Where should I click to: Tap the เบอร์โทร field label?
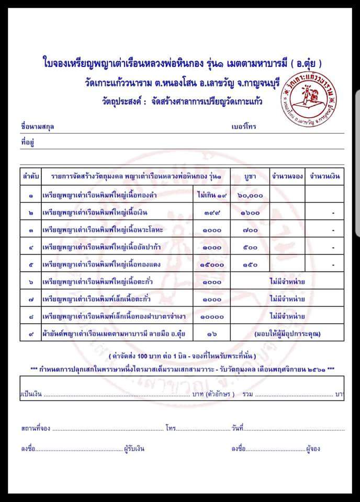(x=243, y=127)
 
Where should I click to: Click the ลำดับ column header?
(x=30, y=176)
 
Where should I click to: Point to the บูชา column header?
(x=249, y=176)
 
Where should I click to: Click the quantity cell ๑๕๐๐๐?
(x=211, y=266)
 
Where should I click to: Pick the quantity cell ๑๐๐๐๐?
(x=211, y=316)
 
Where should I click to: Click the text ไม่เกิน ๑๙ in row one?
(x=211, y=195)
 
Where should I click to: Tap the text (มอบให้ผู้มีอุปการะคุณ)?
(x=287, y=333)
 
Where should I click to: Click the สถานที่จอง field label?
(x=36, y=428)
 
